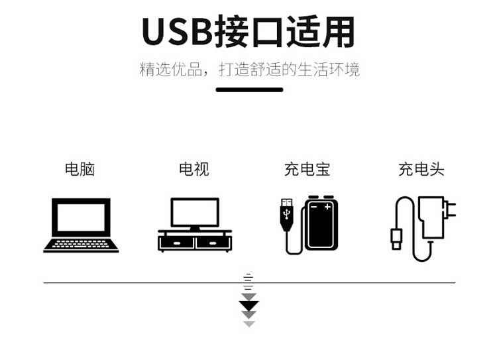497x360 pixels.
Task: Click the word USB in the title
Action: tap(177, 32)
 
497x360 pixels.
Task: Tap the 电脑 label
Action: tap(80, 169)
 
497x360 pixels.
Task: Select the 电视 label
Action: tap(194, 169)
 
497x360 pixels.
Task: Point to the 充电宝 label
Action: tap(307, 169)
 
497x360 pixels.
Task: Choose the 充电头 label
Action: tap(421, 169)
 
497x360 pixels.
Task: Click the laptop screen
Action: tap(81, 217)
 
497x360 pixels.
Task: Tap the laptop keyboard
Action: tap(81, 244)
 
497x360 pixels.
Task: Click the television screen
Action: tap(195, 213)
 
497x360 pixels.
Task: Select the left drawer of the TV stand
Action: tap(177, 243)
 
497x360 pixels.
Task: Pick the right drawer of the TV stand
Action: tap(213, 243)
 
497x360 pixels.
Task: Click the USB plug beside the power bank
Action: tap(286, 214)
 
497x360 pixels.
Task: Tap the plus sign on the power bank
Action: tap(327, 207)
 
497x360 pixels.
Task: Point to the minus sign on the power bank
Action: tap(314, 207)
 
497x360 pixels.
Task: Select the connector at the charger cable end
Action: tap(396, 239)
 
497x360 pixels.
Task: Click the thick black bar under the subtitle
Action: tap(249, 90)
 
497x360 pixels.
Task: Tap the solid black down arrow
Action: tap(248, 306)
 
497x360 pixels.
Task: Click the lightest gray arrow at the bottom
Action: tap(248, 324)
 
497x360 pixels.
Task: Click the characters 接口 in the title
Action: tap(249, 32)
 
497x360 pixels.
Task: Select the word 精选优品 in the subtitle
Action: tap(171, 70)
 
